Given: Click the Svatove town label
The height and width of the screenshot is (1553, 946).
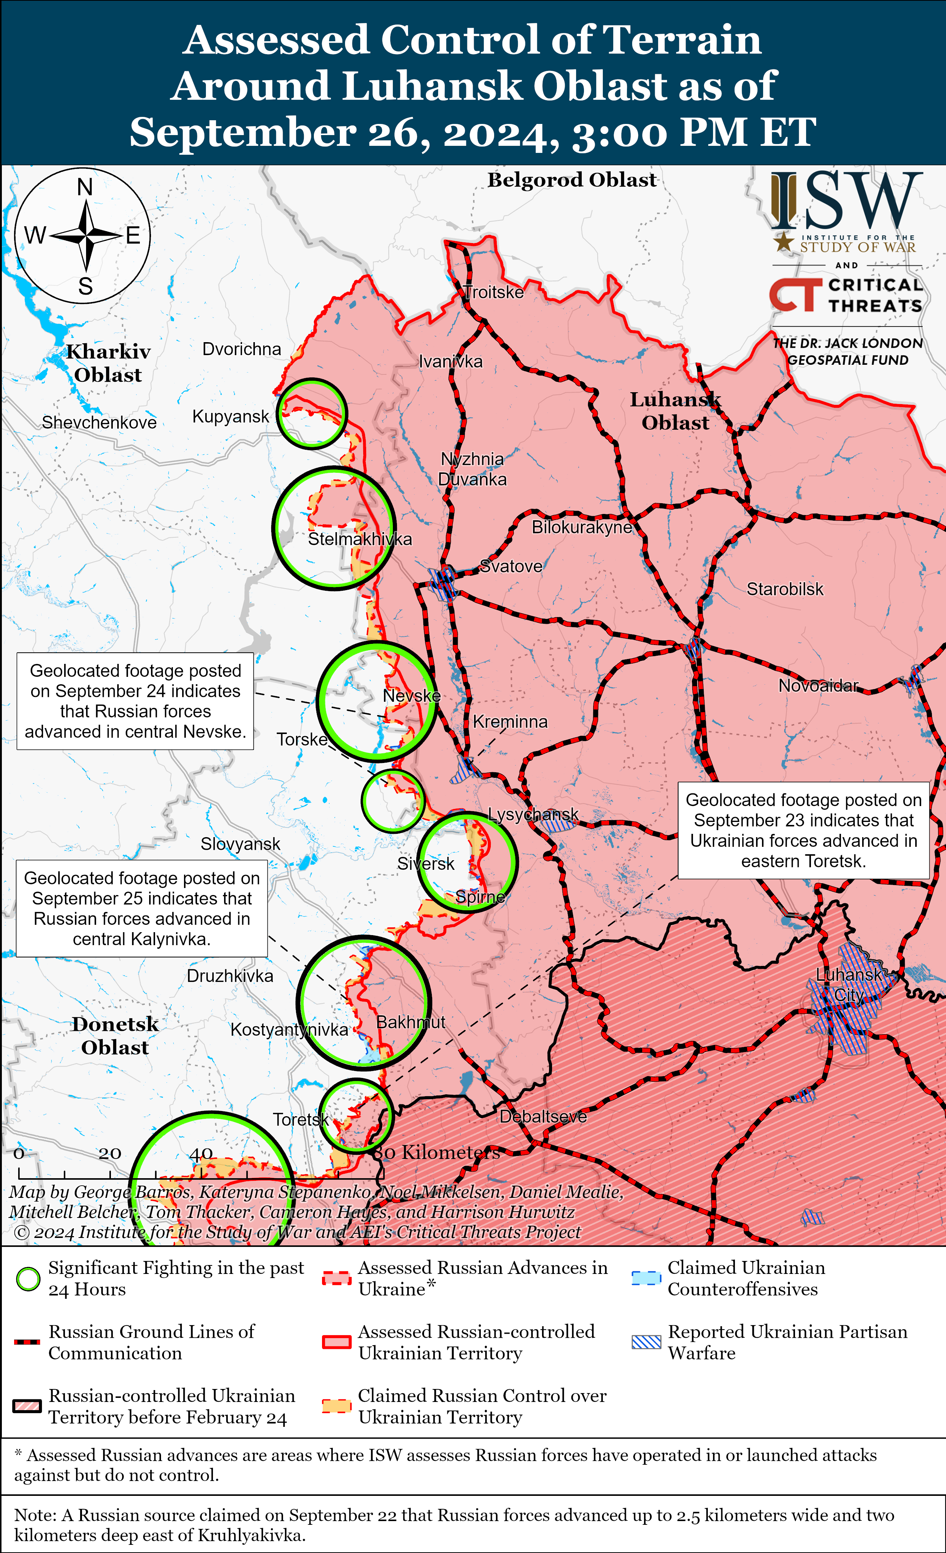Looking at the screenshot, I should [510, 566].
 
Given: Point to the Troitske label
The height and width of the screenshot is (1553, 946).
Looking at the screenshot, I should [493, 292].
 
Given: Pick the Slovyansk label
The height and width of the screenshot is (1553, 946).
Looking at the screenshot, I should [240, 843].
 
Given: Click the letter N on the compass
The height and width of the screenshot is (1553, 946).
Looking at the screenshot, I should [85, 187].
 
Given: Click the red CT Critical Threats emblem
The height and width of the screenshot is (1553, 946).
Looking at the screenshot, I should [795, 294].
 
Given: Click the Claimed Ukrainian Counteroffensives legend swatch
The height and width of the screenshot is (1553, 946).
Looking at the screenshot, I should [646, 1278].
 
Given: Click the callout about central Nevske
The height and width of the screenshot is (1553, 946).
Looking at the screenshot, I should [135, 701].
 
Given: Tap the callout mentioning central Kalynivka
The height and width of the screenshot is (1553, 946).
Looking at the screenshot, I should [141, 908].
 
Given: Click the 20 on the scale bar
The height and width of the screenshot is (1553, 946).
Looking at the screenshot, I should [110, 1153].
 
